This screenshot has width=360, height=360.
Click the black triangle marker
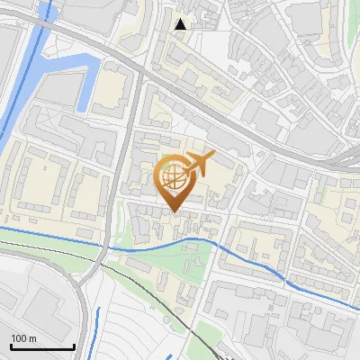(181, 24)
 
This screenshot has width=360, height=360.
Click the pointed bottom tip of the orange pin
(174, 211)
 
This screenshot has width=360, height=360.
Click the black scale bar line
(41, 346)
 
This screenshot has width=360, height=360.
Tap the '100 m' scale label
(23, 338)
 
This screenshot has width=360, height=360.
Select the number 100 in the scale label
(20, 338)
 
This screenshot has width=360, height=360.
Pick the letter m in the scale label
(32, 338)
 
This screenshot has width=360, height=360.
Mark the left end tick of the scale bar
(10, 345)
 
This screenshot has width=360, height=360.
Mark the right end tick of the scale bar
(73, 345)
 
